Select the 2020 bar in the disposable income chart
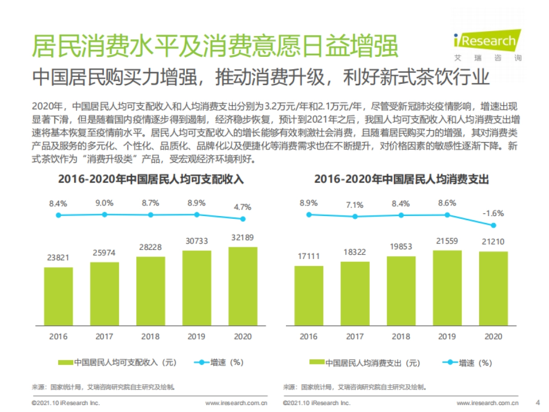coord(242,286)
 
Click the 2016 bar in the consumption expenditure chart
coord(309,296)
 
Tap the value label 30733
coord(197,241)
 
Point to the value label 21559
coord(447,241)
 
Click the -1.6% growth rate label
coord(494,213)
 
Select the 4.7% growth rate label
coord(242,206)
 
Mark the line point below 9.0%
coord(104,214)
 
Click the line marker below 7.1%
coord(355,217)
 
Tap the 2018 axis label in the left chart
coord(151,336)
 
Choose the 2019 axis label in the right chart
coord(447,336)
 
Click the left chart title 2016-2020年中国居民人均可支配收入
coord(151,179)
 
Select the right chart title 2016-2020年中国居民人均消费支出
coord(401,179)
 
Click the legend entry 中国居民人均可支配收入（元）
coord(118,362)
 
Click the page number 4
coord(537,403)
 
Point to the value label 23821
coord(58,258)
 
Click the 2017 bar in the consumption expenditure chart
coord(355,293)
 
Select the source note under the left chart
coord(103,387)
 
